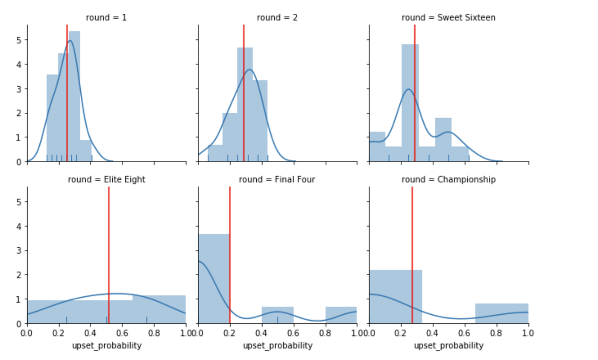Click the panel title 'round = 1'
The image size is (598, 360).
(x=106, y=18)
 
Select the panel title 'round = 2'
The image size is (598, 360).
(x=277, y=18)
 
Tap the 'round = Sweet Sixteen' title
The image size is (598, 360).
(x=448, y=18)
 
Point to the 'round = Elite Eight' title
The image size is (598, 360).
(x=106, y=179)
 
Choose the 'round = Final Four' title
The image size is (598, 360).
(x=277, y=179)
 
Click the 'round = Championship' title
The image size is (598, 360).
(x=448, y=179)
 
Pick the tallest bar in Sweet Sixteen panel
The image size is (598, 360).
(x=410, y=102)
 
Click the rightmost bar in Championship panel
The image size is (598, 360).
(x=502, y=313)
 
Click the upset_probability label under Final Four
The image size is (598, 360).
(x=278, y=345)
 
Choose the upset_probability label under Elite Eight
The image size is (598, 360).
(x=107, y=345)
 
